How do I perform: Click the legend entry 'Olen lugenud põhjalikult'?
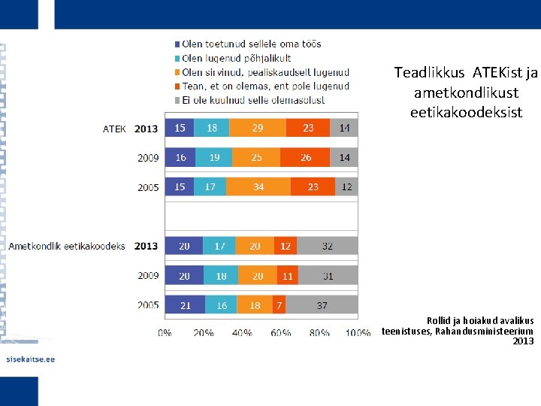[x=236, y=58]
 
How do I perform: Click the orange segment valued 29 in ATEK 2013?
[x=258, y=129]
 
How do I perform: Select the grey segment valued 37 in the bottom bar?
[x=322, y=304]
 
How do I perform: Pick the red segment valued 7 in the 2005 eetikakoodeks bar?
[x=280, y=304]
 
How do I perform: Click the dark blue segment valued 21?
[x=185, y=304]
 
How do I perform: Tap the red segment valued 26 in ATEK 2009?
[x=306, y=158]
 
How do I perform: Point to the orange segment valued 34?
[x=258, y=186]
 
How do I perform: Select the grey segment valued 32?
[x=327, y=246]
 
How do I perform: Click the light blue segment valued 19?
[x=214, y=158]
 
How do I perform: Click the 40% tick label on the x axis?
[x=242, y=332]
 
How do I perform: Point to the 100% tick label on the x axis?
[x=358, y=332]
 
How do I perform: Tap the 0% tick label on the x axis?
[x=165, y=332]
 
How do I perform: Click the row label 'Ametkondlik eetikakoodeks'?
[x=67, y=246]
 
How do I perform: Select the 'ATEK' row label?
[x=115, y=129]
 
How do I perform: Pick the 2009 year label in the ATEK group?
[x=148, y=158]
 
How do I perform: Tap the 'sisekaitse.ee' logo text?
[x=30, y=359]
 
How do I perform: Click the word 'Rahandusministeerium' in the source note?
[x=485, y=331]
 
